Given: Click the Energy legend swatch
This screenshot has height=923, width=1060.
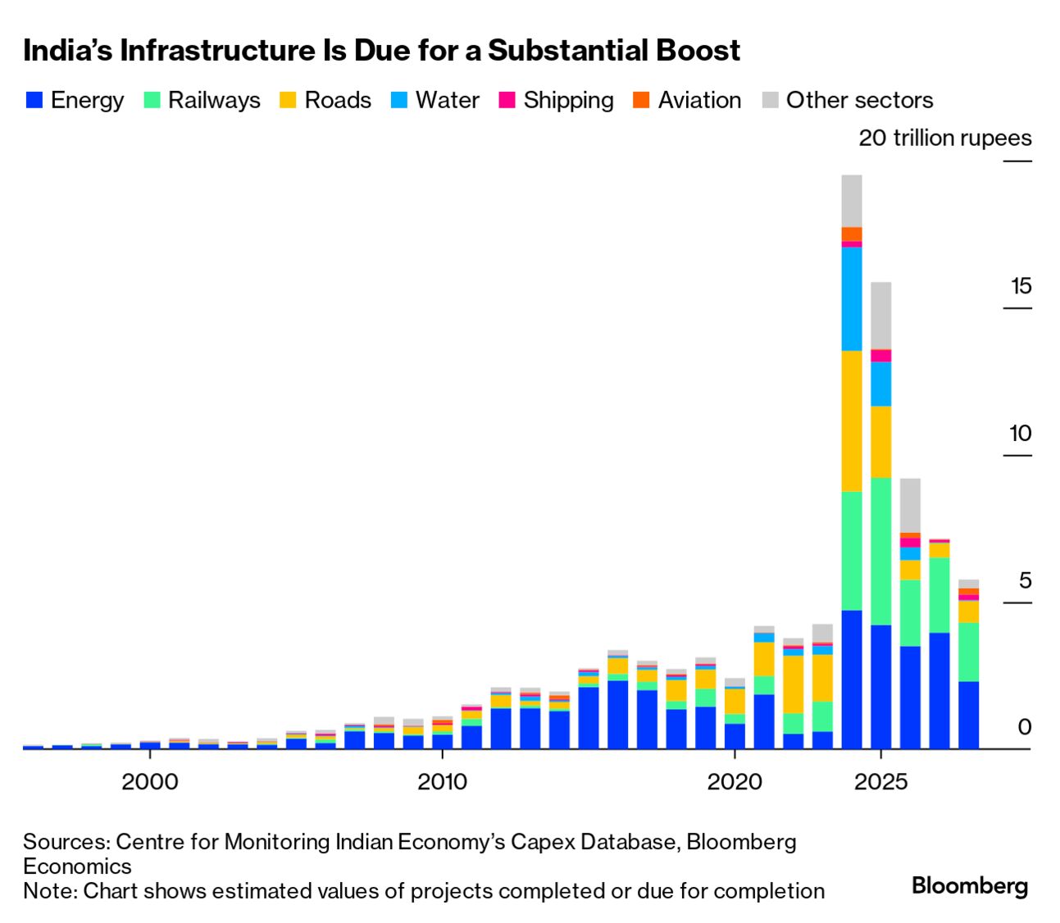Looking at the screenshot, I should (34, 100).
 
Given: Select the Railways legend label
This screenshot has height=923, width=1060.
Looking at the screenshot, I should (213, 100).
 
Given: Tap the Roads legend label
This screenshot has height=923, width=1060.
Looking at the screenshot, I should (337, 100).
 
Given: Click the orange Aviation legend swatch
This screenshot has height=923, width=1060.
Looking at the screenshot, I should (641, 100).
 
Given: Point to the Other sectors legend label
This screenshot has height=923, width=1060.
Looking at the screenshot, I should (859, 100).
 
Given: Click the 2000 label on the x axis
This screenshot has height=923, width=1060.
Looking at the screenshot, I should (149, 781).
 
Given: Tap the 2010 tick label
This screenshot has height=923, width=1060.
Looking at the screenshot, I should (442, 781).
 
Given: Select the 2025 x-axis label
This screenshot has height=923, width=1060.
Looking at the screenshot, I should (880, 781).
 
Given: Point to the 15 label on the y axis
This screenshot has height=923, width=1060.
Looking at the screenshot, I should (1021, 286).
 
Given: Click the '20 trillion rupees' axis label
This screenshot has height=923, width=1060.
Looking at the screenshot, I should (944, 138).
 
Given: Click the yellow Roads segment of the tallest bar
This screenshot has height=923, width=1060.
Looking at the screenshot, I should (852, 421).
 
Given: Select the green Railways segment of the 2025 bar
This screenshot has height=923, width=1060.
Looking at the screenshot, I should (881, 551).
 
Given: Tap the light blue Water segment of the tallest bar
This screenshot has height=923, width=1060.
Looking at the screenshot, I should (852, 298).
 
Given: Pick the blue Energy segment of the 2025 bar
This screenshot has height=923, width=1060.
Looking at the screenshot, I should (881, 687).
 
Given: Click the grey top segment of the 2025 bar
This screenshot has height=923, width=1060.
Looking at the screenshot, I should (881, 316).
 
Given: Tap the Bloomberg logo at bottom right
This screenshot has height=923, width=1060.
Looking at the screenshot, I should (969, 885).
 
